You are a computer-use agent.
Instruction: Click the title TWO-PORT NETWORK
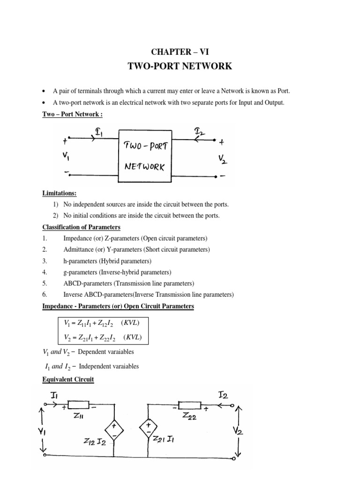click(180, 66)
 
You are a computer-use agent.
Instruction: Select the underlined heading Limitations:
click(61, 194)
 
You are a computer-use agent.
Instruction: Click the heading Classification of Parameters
click(82, 227)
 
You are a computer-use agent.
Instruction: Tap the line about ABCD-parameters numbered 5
click(135, 284)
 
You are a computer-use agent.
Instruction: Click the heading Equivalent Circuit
click(68, 380)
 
